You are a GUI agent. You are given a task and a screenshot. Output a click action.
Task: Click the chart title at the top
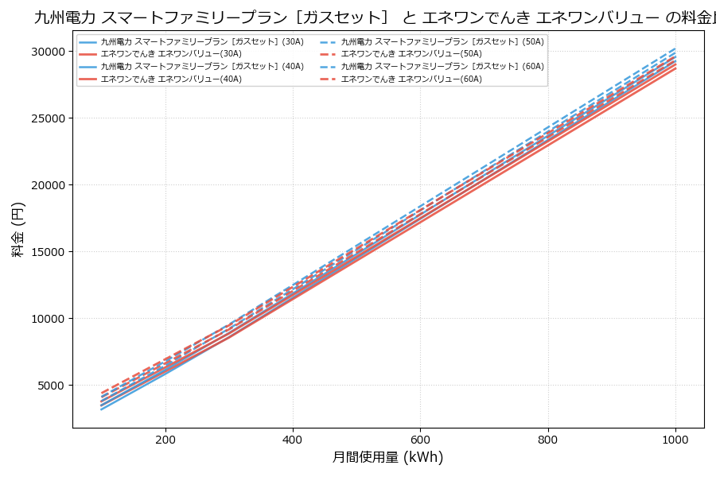click(374, 17)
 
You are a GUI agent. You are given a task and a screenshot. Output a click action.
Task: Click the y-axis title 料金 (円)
click(18, 229)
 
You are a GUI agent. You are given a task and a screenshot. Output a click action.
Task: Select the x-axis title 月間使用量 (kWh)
click(387, 457)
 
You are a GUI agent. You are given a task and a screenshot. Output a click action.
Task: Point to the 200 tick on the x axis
click(165, 439)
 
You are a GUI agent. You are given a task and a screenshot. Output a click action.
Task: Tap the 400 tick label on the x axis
click(293, 439)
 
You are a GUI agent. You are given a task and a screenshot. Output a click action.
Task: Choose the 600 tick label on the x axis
click(420, 439)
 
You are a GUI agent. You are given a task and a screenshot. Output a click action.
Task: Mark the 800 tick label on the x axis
click(548, 439)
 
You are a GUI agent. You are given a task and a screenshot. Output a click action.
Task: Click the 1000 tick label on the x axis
click(675, 439)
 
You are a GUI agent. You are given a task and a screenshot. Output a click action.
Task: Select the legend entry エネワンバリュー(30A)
click(171, 54)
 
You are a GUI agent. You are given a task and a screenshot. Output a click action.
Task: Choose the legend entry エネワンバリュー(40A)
click(171, 79)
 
